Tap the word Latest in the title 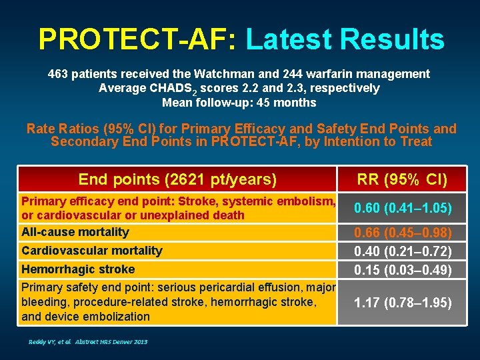tap(288, 39)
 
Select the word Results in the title tap(392, 39)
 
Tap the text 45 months tap(289, 103)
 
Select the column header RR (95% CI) tap(402, 179)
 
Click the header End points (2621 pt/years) tap(177, 179)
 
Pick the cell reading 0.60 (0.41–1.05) tap(402, 209)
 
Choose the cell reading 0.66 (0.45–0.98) tap(402, 233)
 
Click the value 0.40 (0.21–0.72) tap(402, 251)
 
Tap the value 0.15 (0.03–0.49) tap(402, 270)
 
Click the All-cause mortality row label tap(75, 232)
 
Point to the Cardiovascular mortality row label tap(92, 251)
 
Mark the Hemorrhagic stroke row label tap(78, 269)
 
